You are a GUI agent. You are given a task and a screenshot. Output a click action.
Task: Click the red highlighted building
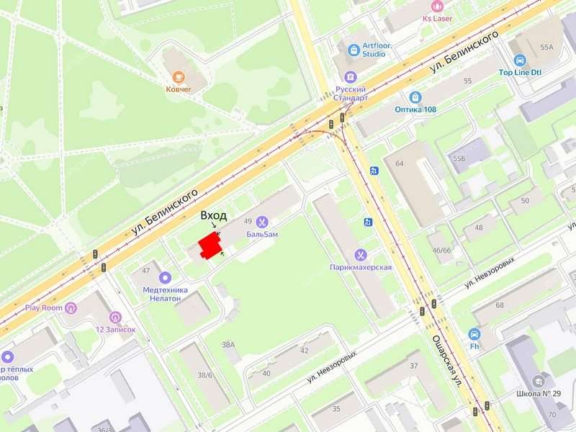point(209,245)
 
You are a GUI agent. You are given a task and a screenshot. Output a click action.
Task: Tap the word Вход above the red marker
point(214,215)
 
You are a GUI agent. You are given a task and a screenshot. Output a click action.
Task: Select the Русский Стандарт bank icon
point(351,77)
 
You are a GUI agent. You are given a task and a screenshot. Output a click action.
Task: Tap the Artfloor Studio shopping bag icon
point(354,50)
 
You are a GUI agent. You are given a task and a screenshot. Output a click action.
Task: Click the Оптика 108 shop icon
point(415,96)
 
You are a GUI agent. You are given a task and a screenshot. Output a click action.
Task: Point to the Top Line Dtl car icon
point(518,60)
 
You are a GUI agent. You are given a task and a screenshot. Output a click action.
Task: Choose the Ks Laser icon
point(437,5)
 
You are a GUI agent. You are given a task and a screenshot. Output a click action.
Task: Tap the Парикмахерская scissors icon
point(360,254)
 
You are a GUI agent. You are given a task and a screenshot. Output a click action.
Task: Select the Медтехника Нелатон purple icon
point(165,277)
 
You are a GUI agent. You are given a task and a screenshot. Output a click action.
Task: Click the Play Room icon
point(71,308)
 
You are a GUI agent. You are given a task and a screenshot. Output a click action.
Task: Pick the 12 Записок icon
point(115,316)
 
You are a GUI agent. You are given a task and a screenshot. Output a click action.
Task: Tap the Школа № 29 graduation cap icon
point(538,381)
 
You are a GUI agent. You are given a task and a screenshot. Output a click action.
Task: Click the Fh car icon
point(474,334)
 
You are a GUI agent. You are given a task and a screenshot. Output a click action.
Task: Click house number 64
point(400,163)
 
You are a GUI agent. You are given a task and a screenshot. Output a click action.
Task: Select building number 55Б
point(459,157)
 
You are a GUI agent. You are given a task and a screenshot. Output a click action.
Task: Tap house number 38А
point(228,345)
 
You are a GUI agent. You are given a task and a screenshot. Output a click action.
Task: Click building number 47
point(145,270)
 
